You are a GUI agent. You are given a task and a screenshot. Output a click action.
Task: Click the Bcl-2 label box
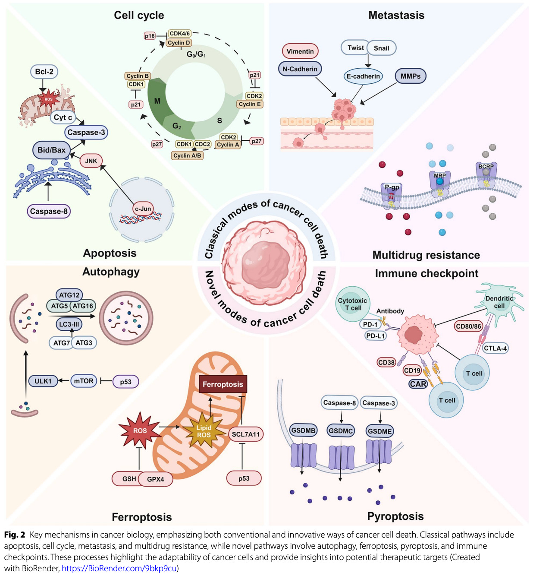pyautogui.click(x=44, y=72)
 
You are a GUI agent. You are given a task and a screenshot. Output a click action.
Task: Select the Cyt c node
pyautogui.click(x=63, y=117)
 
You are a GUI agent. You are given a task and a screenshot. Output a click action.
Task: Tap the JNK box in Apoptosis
pyautogui.click(x=91, y=161)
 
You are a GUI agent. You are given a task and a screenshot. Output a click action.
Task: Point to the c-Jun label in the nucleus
pyautogui.click(x=143, y=209)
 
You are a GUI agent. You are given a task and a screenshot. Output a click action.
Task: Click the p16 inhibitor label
pyautogui.click(x=150, y=36)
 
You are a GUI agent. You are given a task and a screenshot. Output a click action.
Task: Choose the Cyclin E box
pyautogui.click(x=250, y=104)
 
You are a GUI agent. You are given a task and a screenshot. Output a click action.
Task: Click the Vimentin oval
pyautogui.click(x=300, y=51)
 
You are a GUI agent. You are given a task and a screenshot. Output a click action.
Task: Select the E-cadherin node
pyautogui.click(x=364, y=76)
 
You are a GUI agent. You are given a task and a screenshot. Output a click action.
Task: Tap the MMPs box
pyautogui.click(x=410, y=76)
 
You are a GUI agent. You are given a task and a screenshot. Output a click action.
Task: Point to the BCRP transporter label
pyautogui.click(x=486, y=167)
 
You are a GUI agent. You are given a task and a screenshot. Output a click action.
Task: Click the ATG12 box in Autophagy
pyautogui.click(x=69, y=295)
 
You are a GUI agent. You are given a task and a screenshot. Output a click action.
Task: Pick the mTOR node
pyautogui.click(x=84, y=381)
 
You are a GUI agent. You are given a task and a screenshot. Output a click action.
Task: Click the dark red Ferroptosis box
pyautogui.click(x=223, y=384)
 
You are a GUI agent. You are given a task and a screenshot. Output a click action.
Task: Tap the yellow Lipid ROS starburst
pyautogui.click(x=204, y=431)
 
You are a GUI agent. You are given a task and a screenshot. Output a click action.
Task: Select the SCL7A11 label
pyautogui.click(x=246, y=434)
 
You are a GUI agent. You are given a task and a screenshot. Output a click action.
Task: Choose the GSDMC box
pyautogui.click(x=341, y=430)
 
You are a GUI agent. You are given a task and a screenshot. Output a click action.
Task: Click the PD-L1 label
pyautogui.click(x=376, y=335)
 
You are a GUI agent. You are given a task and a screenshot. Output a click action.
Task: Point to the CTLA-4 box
pyautogui.click(x=495, y=348)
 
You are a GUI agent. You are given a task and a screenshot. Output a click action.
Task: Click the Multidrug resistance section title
pyautogui.click(x=426, y=255)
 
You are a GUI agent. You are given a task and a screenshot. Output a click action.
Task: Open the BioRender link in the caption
pyautogui.click(x=119, y=568)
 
